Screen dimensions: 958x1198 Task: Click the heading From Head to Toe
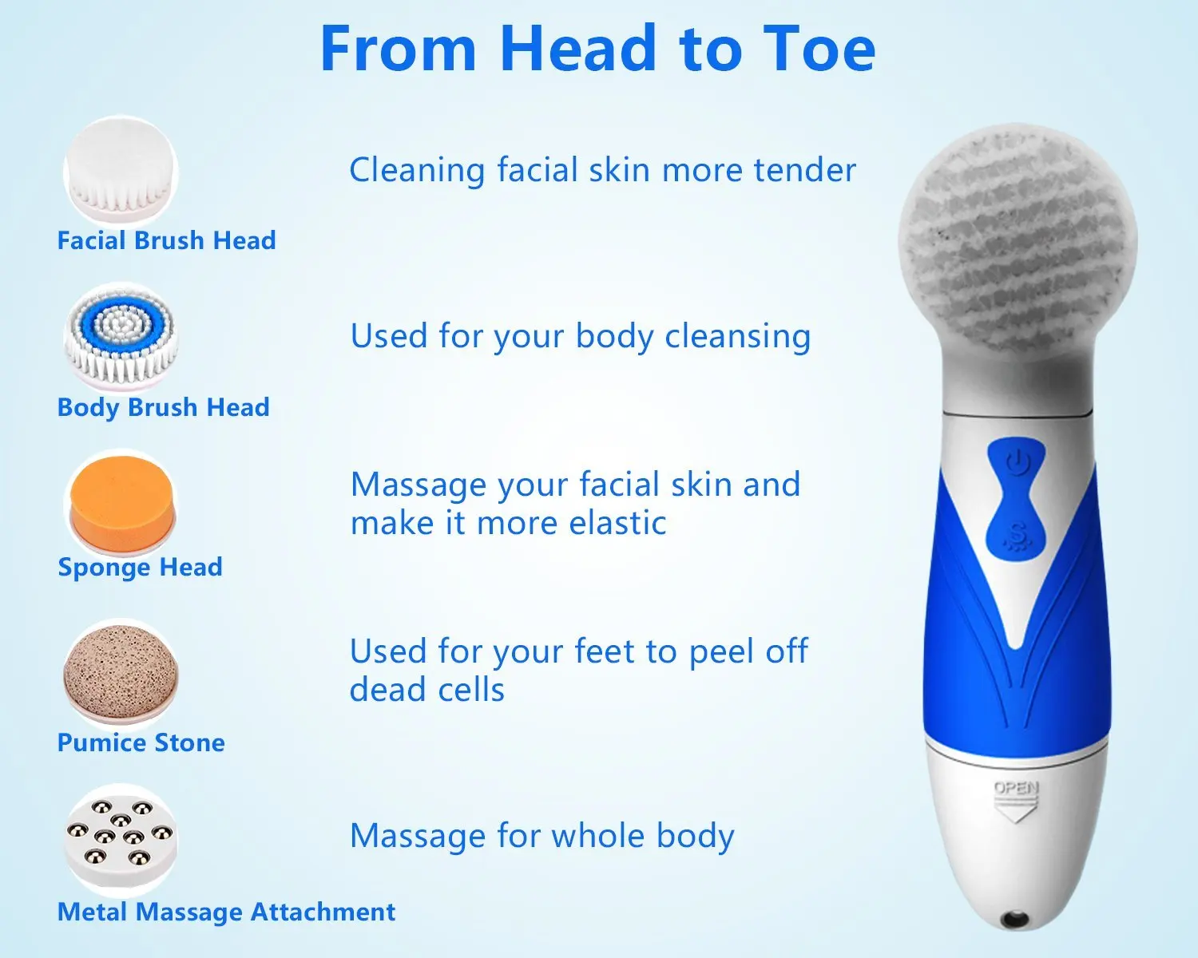click(597, 49)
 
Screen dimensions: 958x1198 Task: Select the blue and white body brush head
click(121, 337)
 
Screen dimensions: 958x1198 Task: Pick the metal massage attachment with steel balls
click(120, 838)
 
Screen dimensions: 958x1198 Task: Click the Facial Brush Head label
click(166, 240)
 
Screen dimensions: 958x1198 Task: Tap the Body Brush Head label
click(163, 407)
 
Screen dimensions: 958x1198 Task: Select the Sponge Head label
click(140, 567)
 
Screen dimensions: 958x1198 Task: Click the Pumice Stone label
click(141, 742)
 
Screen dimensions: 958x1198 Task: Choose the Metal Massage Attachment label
click(226, 912)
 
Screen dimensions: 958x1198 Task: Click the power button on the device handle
click(1016, 462)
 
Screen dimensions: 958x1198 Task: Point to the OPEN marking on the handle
click(1016, 788)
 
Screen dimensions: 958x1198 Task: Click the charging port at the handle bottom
click(1016, 919)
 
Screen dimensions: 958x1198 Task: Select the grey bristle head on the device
click(1017, 239)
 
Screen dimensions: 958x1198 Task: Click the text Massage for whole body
click(541, 836)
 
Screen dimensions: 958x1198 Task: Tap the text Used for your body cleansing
click(580, 336)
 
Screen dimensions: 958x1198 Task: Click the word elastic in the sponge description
click(617, 524)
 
